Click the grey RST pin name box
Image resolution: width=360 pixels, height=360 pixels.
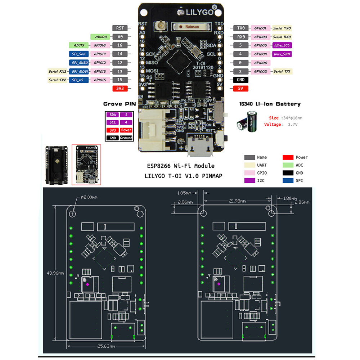[120, 28]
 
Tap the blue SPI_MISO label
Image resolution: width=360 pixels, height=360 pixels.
[78, 63]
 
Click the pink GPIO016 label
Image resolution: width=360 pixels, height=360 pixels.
[100, 45]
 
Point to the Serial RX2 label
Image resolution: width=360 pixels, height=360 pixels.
[58, 71]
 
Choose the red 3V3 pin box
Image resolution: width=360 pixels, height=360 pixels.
[120, 89]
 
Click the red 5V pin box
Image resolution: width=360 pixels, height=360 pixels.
[240, 89]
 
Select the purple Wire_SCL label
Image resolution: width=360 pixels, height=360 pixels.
[282, 45]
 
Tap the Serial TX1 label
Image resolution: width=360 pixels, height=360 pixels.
[282, 71]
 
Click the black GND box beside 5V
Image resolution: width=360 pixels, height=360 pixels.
[240, 80]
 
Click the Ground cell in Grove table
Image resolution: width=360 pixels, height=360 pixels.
[126, 138]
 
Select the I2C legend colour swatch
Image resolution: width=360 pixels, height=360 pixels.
[249, 180]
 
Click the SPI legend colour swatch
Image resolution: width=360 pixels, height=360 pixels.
[288, 180]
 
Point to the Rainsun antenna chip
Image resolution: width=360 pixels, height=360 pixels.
[190, 26]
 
